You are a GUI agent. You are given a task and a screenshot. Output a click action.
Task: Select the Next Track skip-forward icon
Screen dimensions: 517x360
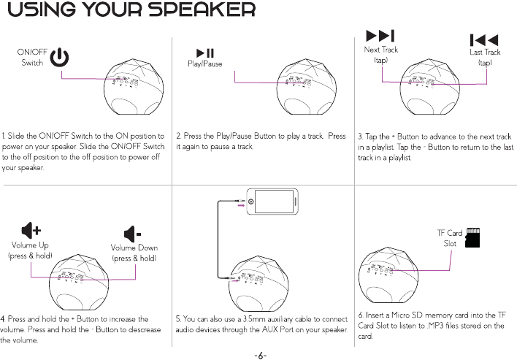[380, 37]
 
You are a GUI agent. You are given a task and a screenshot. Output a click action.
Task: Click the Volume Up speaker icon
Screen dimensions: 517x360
[30, 231]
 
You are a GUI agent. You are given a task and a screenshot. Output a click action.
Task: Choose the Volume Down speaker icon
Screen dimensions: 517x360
[133, 234]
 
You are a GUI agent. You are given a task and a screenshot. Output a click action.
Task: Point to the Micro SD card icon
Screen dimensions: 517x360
[475, 237]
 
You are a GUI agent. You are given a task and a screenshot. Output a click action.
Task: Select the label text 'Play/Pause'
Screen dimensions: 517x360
[204, 64]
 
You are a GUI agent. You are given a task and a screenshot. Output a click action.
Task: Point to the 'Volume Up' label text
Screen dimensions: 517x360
[30, 245]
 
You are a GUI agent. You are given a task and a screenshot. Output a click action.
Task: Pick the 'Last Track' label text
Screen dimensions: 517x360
[484, 53]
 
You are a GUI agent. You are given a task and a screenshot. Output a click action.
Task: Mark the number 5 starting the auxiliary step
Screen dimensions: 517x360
[178, 319]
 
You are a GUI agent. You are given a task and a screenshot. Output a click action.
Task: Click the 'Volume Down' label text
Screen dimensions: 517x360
[134, 248]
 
